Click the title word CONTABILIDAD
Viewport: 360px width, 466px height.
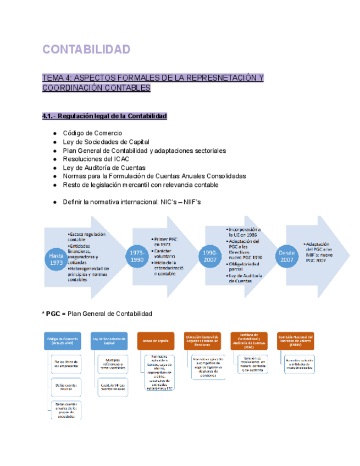[86, 49]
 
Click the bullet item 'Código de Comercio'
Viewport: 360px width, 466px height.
[92, 133]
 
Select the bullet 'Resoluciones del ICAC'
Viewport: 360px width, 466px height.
[96, 159]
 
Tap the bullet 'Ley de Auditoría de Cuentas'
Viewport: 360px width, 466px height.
[104, 168]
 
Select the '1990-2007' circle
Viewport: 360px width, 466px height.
[211, 256]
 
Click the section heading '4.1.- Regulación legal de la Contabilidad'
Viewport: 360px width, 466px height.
[104, 116]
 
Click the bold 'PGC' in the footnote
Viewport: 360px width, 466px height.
[53, 314]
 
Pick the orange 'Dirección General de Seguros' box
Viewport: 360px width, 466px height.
[202, 341]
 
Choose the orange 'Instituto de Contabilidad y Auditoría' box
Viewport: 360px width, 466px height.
[250, 341]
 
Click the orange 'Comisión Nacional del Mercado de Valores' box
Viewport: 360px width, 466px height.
[297, 341]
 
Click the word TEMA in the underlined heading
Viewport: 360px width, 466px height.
[53, 77]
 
